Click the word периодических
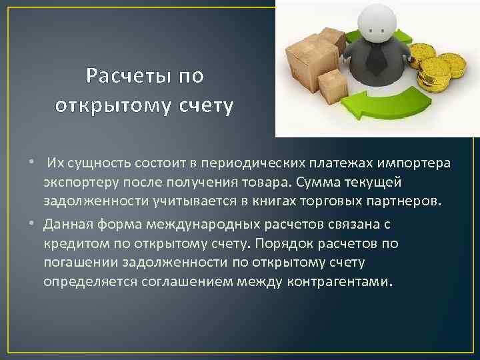point(257,164)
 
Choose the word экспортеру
point(81,183)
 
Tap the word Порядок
point(258,243)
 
